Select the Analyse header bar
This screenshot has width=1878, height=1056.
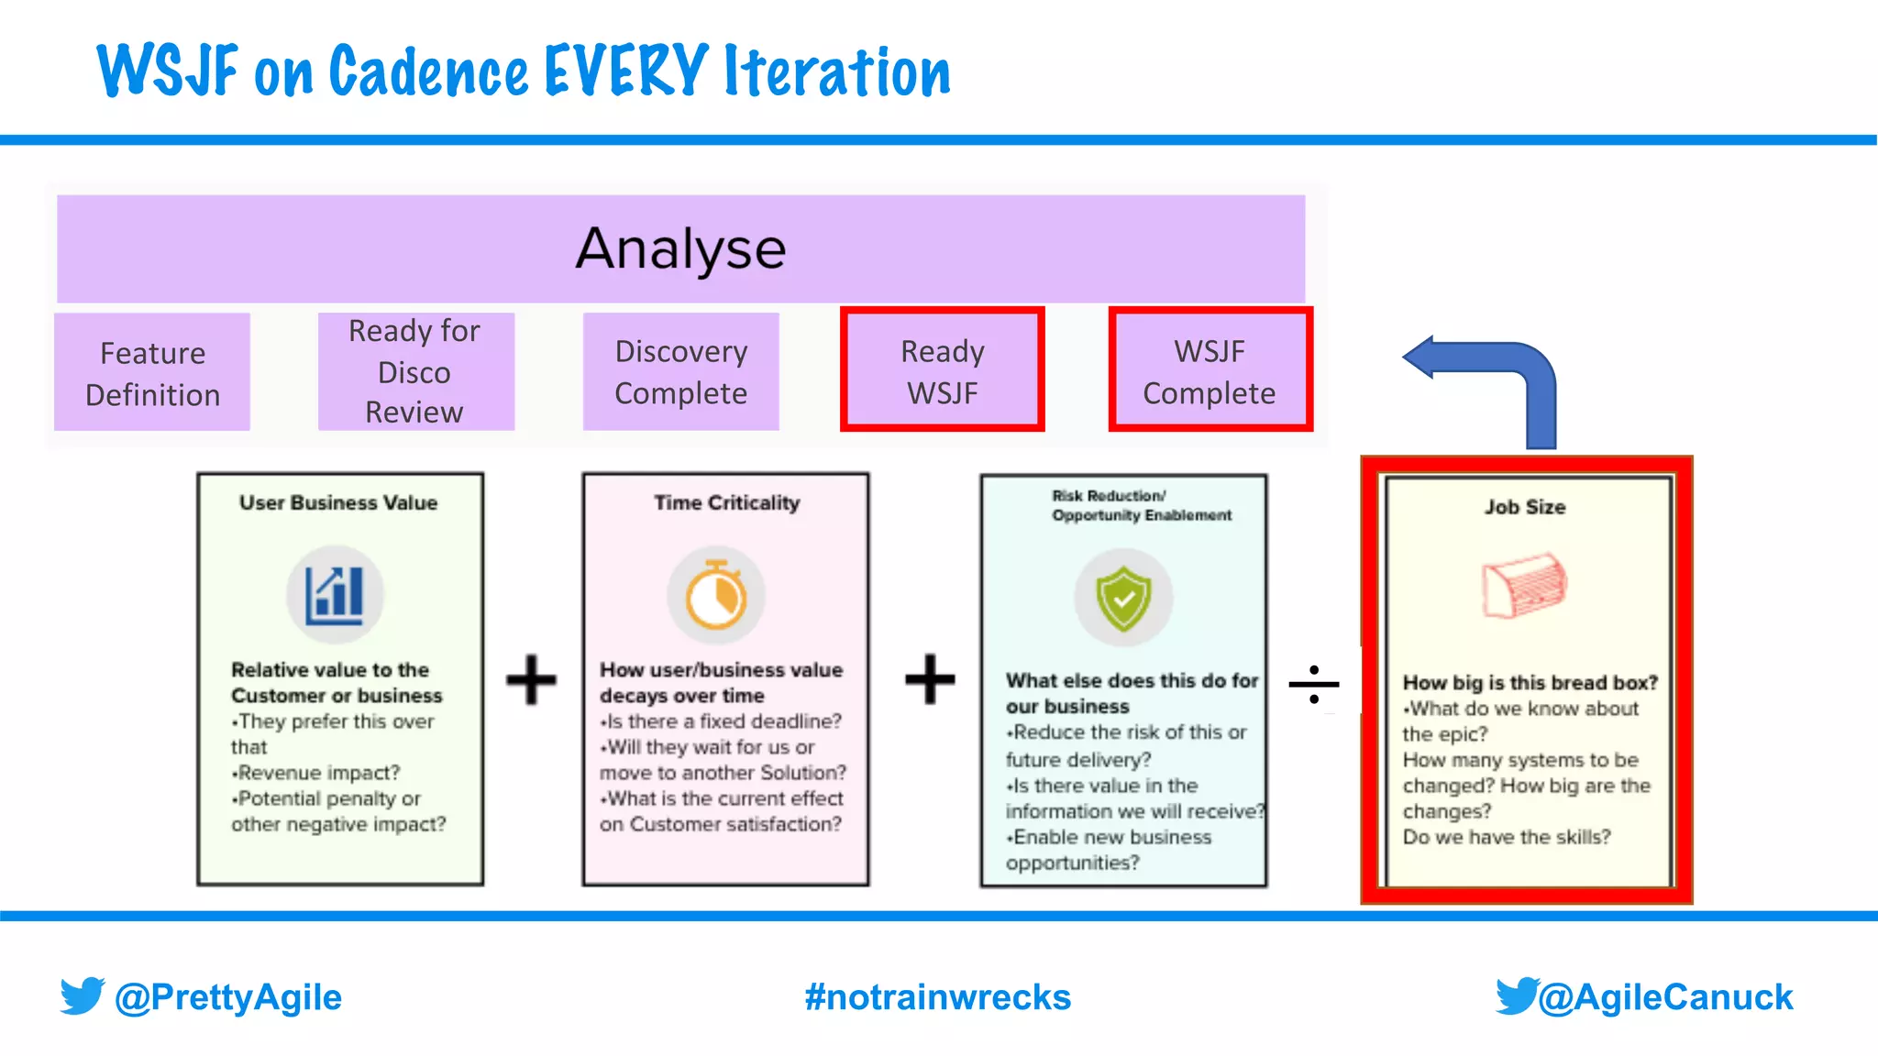(x=680, y=248)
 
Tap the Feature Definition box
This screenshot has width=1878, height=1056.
(x=152, y=373)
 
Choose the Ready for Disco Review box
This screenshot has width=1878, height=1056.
(x=415, y=371)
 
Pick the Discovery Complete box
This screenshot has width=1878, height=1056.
(x=680, y=371)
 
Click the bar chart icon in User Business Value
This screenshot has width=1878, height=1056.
(x=335, y=593)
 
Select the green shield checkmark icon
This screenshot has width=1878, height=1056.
(x=1123, y=599)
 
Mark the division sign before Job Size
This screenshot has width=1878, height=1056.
(x=1313, y=684)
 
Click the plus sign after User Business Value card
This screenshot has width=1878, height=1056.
(x=532, y=679)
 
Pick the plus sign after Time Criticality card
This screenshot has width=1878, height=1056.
(x=930, y=679)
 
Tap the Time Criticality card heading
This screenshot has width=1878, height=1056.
(x=726, y=502)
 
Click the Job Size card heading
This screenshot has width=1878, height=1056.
(x=1525, y=507)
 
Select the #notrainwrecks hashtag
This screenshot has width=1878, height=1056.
(x=937, y=997)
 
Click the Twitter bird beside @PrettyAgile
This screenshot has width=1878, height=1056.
(x=83, y=995)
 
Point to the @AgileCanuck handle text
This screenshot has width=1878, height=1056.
(x=1665, y=997)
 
